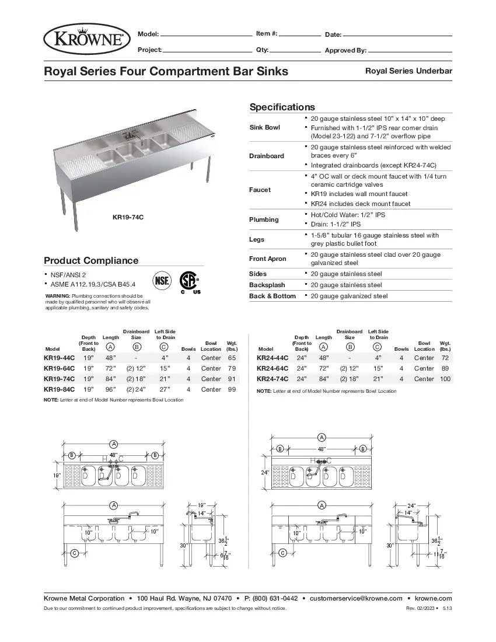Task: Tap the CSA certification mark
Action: pos(188,281)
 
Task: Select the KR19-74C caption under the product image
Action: pos(128,217)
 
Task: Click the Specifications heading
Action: pos(282,107)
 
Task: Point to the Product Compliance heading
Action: pos(91,260)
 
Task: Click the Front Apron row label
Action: pos(267,259)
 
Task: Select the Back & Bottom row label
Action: pos(273,296)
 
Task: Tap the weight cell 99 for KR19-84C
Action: pos(231,389)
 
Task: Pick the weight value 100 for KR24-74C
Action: pos(445,379)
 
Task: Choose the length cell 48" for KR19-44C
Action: pos(110,358)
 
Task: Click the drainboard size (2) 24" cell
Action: pos(136,389)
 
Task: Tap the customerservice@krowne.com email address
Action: pos(356,598)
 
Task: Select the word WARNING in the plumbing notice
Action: pos(57,296)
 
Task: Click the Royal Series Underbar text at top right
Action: pos(408,71)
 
